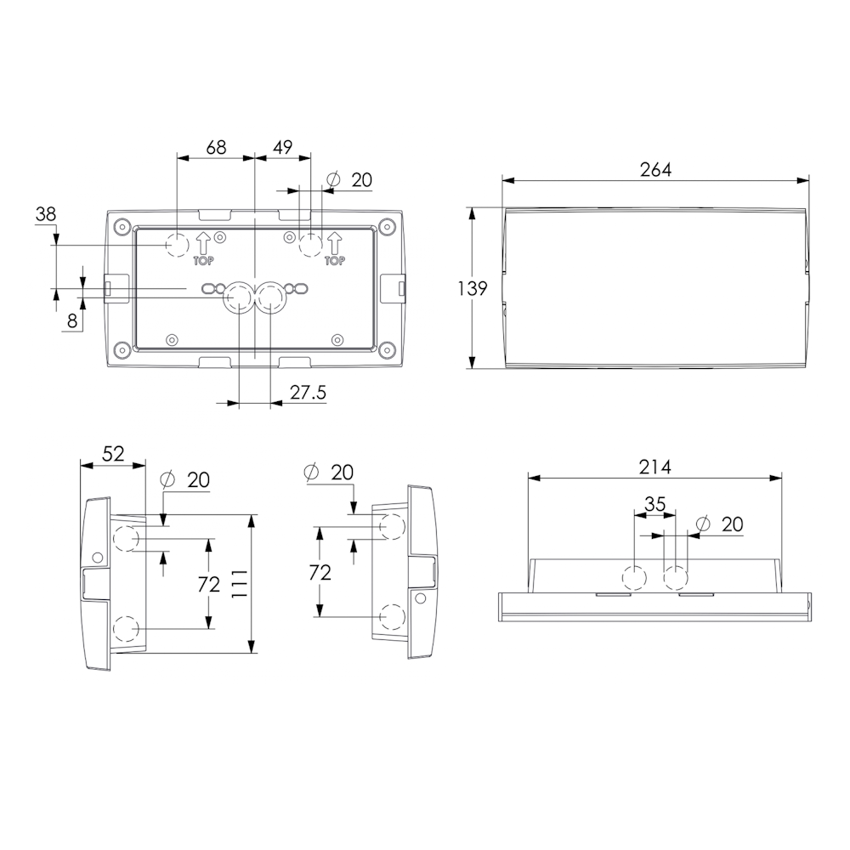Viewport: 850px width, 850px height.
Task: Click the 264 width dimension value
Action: pos(655,170)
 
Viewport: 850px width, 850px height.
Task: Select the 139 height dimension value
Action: pos(473,288)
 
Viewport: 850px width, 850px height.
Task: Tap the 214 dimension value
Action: pos(654,467)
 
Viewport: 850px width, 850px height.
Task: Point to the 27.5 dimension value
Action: pos(308,392)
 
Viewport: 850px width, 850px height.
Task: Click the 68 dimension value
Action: pos(216,147)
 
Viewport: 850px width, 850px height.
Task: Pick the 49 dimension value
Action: pos(282,147)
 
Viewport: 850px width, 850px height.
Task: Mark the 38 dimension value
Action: pos(46,214)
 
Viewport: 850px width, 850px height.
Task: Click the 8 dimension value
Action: pos(72,322)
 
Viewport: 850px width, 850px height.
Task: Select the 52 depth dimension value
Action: pos(113,454)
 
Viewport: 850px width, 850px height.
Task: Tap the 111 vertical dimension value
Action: pos(239,584)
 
